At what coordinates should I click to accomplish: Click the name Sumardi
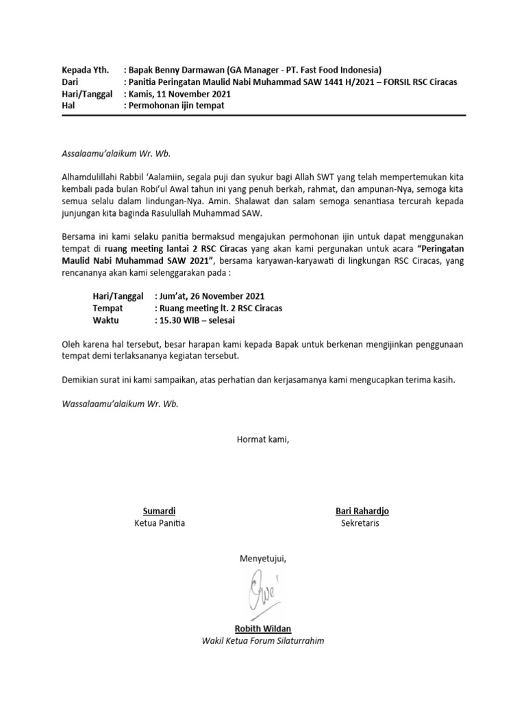(x=159, y=511)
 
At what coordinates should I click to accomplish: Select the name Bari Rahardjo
(x=362, y=511)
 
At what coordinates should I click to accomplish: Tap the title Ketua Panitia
(x=161, y=524)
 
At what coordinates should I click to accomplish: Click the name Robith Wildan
(x=262, y=629)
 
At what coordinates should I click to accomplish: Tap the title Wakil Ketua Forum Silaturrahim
(x=262, y=641)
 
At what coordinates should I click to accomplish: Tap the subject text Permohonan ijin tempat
(x=176, y=106)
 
